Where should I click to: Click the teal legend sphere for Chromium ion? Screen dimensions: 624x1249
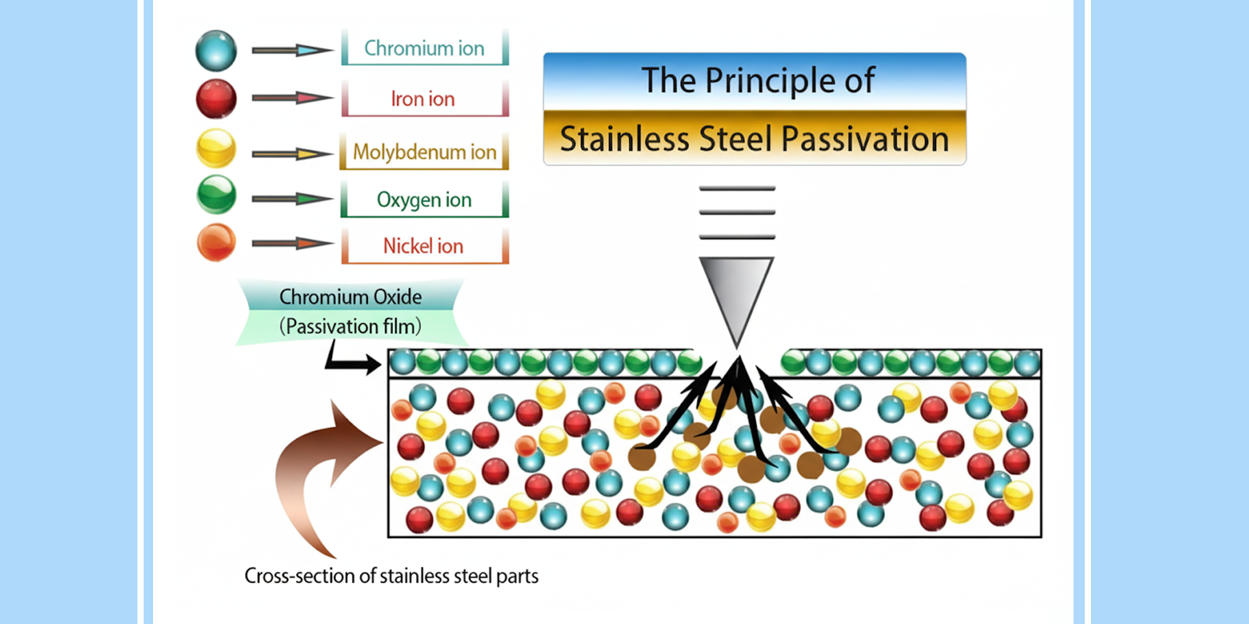(x=216, y=51)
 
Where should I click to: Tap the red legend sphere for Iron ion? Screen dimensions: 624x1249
(x=216, y=99)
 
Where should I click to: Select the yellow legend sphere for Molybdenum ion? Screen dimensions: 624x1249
(x=216, y=148)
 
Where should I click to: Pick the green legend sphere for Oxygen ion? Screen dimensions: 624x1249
(x=216, y=195)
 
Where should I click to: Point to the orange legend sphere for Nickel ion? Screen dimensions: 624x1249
(x=216, y=242)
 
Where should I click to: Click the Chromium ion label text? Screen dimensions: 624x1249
(x=424, y=48)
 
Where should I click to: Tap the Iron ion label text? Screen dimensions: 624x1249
(x=423, y=99)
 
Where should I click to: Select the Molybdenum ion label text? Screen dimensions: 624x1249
(x=424, y=152)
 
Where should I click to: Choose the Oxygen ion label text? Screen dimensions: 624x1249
(x=424, y=200)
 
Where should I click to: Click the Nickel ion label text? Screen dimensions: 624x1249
(x=423, y=246)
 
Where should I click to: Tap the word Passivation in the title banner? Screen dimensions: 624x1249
(x=865, y=139)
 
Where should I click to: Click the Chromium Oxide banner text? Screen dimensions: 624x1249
(x=350, y=297)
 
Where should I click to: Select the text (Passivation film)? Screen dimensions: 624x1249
(x=350, y=326)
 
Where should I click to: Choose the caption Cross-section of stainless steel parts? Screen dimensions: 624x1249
(x=391, y=575)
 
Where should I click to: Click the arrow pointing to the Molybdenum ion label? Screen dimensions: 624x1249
(x=292, y=154)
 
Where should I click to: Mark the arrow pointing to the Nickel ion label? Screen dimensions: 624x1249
(x=292, y=243)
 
